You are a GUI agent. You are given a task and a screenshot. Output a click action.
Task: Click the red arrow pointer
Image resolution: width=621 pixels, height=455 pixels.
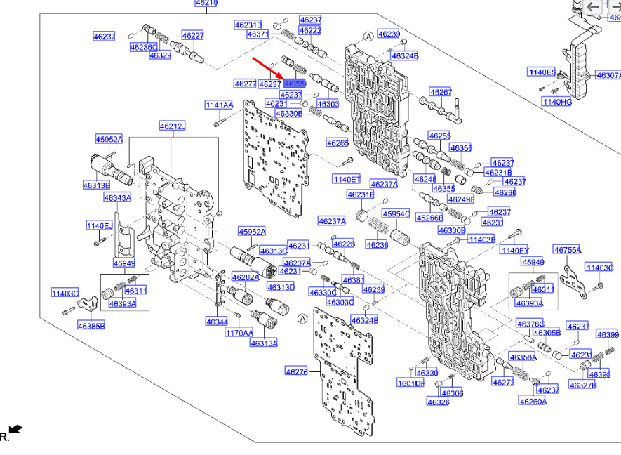click(x=267, y=69)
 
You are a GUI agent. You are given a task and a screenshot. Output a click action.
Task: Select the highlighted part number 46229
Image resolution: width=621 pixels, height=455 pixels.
click(x=295, y=84)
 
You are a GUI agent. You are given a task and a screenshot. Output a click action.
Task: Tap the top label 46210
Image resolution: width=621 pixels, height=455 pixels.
click(x=206, y=4)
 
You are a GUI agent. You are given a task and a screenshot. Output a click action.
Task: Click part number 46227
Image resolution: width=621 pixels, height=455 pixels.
click(x=192, y=35)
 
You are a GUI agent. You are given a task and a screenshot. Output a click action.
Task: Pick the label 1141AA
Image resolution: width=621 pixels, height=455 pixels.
click(x=219, y=105)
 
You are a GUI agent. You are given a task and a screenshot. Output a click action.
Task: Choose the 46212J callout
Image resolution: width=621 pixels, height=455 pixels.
click(x=172, y=126)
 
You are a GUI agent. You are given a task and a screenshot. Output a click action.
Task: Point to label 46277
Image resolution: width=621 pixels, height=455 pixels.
click(x=245, y=84)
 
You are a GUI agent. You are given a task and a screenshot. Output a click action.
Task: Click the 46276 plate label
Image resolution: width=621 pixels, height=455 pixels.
click(x=296, y=371)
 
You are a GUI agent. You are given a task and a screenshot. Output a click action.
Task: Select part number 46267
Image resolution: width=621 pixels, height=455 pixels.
click(x=441, y=92)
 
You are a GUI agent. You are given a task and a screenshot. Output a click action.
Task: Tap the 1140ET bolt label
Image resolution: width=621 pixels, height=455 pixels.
click(x=347, y=180)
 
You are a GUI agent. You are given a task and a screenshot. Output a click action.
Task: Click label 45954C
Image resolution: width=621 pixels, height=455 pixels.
click(x=396, y=213)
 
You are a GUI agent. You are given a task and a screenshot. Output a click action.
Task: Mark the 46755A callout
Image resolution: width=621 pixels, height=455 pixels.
click(x=567, y=249)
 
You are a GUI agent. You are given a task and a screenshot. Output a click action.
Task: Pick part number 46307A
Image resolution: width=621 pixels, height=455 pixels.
click(x=608, y=75)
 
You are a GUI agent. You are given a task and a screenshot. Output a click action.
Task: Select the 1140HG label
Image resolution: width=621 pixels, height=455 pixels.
click(x=556, y=102)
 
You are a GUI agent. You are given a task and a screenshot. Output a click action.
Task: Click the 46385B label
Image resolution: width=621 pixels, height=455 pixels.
click(x=91, y=326)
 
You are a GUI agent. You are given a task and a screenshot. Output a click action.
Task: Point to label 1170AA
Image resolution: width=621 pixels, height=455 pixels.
click(x=239, y=333)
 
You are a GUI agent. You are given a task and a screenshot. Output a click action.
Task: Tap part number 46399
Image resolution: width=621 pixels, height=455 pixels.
click(x=607, y=334)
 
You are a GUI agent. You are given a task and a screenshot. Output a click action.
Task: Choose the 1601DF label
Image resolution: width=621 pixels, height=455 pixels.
click(x=411, y=383)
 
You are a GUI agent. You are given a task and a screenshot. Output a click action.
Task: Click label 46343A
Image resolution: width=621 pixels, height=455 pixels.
click(x=117, y=198)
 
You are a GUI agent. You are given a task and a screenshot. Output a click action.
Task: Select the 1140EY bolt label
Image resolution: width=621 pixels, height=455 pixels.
click(x=514, y=251)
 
